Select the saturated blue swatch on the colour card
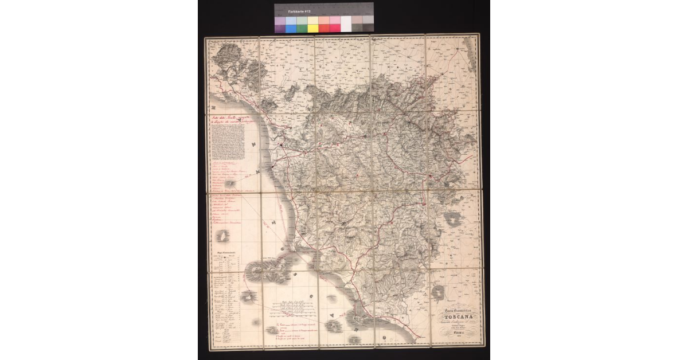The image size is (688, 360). [x=291, y=28]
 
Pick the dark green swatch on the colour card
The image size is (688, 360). [x=302, y=28]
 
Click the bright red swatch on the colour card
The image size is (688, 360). [x=324, y=28]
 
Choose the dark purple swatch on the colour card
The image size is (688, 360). [x=280, y=28]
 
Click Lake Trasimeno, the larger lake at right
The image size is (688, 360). [x=453, y=219]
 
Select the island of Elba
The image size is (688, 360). [x=265, y=271]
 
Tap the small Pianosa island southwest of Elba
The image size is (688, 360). [x=248, y=297]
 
